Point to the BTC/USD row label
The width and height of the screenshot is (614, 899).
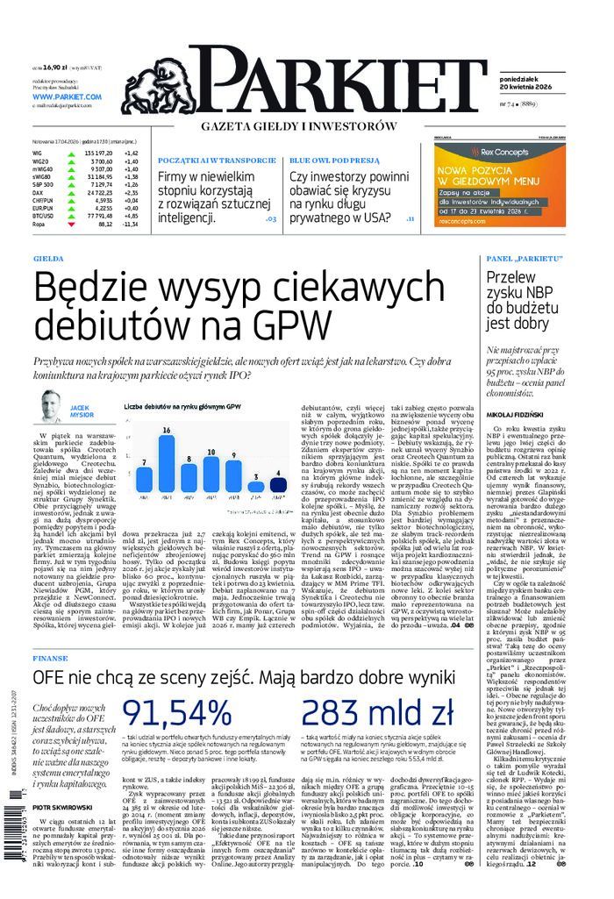[43, 216]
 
